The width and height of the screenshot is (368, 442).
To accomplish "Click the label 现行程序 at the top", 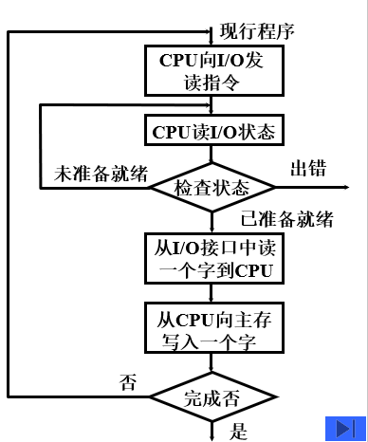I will (x=257, y=29).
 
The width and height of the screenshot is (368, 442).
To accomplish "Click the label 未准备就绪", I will (x=101, y=175).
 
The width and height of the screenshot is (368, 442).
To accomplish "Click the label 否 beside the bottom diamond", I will (x=126, y=382).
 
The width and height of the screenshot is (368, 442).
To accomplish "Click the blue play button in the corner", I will (x=344, y=427).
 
